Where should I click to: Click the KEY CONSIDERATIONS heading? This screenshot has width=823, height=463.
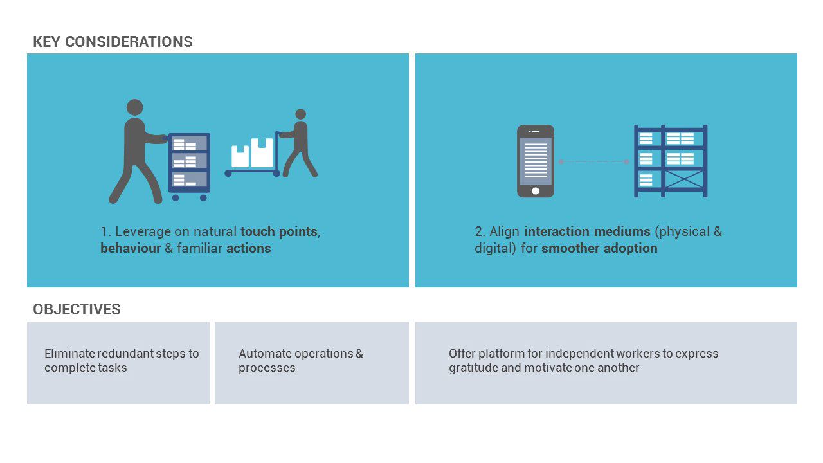tap(113, 42)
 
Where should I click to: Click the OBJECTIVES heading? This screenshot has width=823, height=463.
tap(77, 309)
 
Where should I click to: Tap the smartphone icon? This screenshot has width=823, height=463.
tap(536, 161)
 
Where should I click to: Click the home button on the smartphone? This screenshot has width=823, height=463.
tap(536, 191)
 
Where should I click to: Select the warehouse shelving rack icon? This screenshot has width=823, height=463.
tap(671, 161)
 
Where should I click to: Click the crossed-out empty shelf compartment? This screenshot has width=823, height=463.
tap(685, 179)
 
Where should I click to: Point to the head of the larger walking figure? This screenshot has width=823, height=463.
tap(135, 107)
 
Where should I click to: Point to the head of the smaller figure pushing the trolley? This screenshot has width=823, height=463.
tap(300, 114)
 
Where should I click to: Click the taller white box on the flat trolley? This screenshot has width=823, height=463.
tap(262, 152)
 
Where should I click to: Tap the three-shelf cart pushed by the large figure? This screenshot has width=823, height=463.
tap(189, 167)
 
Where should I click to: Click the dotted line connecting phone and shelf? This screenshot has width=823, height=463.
tap(593, 161)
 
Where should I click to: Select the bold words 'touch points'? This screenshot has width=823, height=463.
tap(279, 232)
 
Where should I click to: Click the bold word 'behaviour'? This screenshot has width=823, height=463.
tap(131, 248)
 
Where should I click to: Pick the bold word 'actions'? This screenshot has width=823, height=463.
tap(249, 248)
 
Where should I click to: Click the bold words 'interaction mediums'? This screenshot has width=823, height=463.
tap(587, 232)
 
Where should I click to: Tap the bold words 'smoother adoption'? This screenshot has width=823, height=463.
tap(599, 248)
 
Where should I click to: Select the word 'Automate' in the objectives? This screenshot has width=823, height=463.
tap(264, 354)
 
